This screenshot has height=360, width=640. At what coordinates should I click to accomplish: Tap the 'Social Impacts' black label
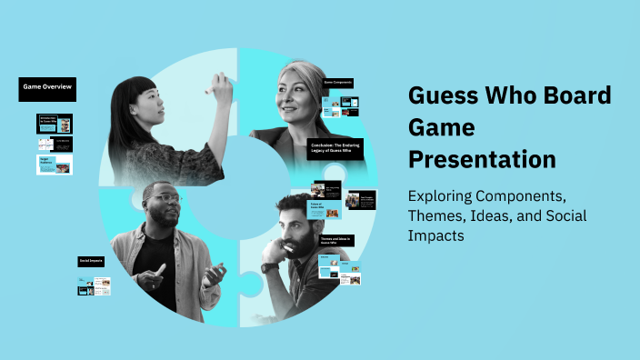click(x=91, y=261)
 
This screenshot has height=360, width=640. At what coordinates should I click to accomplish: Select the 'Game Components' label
click(x=338, y=84)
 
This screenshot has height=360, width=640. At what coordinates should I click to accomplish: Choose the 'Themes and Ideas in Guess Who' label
click(x=335, y=241)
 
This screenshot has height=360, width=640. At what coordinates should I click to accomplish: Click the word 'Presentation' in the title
click(x=482, y=159)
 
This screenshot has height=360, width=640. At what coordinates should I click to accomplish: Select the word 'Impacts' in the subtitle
click(x=437, y=235)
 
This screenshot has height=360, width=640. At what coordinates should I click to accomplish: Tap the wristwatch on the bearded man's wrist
click(x=270, y=267)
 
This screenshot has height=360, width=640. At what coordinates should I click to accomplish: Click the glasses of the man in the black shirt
click(x=164, y=200)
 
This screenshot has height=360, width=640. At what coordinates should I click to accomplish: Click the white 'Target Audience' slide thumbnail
click(x=55, y=165)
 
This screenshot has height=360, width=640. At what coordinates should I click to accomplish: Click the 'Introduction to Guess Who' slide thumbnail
click(x=55, y=122)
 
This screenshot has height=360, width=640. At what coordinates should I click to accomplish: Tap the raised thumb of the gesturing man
click(x=161, y=269)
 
